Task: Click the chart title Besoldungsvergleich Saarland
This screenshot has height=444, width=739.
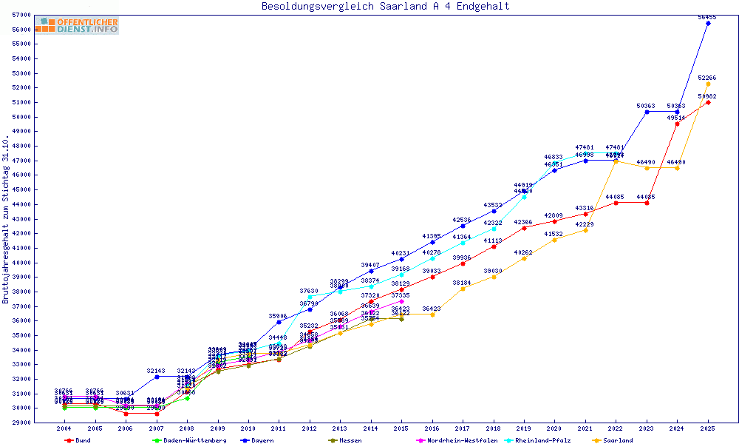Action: [x=385, y=7]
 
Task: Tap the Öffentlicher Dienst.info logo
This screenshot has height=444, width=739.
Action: [x=77, y=26]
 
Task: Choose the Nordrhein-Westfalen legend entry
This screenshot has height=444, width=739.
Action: [x=457, y=440]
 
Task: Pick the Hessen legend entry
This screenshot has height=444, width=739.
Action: [x=347, y=440]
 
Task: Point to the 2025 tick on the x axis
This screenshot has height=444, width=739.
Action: [x=708, y=428]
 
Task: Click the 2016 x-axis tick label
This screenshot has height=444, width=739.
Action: [x=432, y=428]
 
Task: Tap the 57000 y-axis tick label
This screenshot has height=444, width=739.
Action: [x=21, y=16]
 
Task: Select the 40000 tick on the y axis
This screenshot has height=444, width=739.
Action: [x=21, y=263]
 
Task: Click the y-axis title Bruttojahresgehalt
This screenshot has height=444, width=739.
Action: [x=7, y=220]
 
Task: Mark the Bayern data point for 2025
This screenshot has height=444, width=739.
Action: [x=708, y=23]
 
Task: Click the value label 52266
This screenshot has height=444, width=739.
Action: [x=707, y=78]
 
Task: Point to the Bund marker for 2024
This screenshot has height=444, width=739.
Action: [x=677, y=124]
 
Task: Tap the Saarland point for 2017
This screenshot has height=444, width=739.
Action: [x=463, y=289]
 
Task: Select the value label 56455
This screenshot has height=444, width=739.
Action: [x=707, y=16]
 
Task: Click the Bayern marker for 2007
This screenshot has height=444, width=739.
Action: [x=156, y=377]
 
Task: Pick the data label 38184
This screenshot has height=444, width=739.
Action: [x=462, y=283]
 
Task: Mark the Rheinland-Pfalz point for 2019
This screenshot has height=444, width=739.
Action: [x=524, y=197]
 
